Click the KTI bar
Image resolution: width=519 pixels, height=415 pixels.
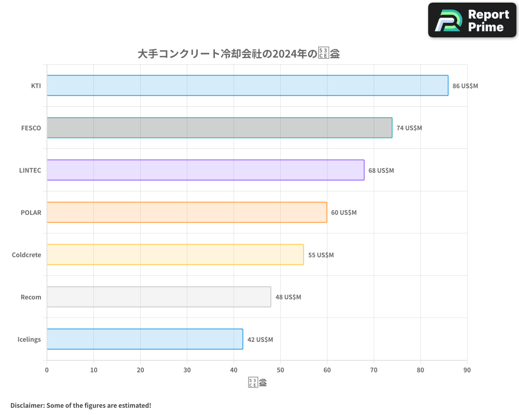click(x=248, y=86)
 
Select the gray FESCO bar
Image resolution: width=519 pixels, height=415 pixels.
click(x=220, y=128)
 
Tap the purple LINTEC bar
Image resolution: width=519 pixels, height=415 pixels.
click(x=206, y=170)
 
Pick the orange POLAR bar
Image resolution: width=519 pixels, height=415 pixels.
click(x=187, y=212)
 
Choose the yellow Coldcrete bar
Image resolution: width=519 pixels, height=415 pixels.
click(x=175, y=255)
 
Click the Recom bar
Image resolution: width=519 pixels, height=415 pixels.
click(x=159, y=297)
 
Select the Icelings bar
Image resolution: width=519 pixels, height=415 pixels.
click(x=145, y=339)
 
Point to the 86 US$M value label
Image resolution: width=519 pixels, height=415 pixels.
click(x=465, y=86)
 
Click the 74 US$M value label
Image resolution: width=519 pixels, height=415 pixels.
click(x=409, y=128)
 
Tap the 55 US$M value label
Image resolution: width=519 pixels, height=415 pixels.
click(x=321, y=255)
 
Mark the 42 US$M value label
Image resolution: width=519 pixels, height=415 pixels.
click(x=260, y=340)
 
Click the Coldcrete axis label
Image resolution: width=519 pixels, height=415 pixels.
click(x=26, y=255)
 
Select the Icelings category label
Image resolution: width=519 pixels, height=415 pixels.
click(x=29, y=339)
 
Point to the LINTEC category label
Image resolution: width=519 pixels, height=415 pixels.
click(x=30, y=170)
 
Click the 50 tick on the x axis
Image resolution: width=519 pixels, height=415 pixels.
click(x=280, y=370)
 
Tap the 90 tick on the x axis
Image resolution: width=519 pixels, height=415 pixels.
click(x=467, y=370)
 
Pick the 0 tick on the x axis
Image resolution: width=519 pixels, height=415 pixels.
click(x=47, y=370)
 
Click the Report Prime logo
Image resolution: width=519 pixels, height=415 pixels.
click(x=472, y=20)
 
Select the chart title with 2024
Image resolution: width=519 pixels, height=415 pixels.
click(x=239, y=53)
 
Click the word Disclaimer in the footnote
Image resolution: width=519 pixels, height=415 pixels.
click(x=27, y=405)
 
